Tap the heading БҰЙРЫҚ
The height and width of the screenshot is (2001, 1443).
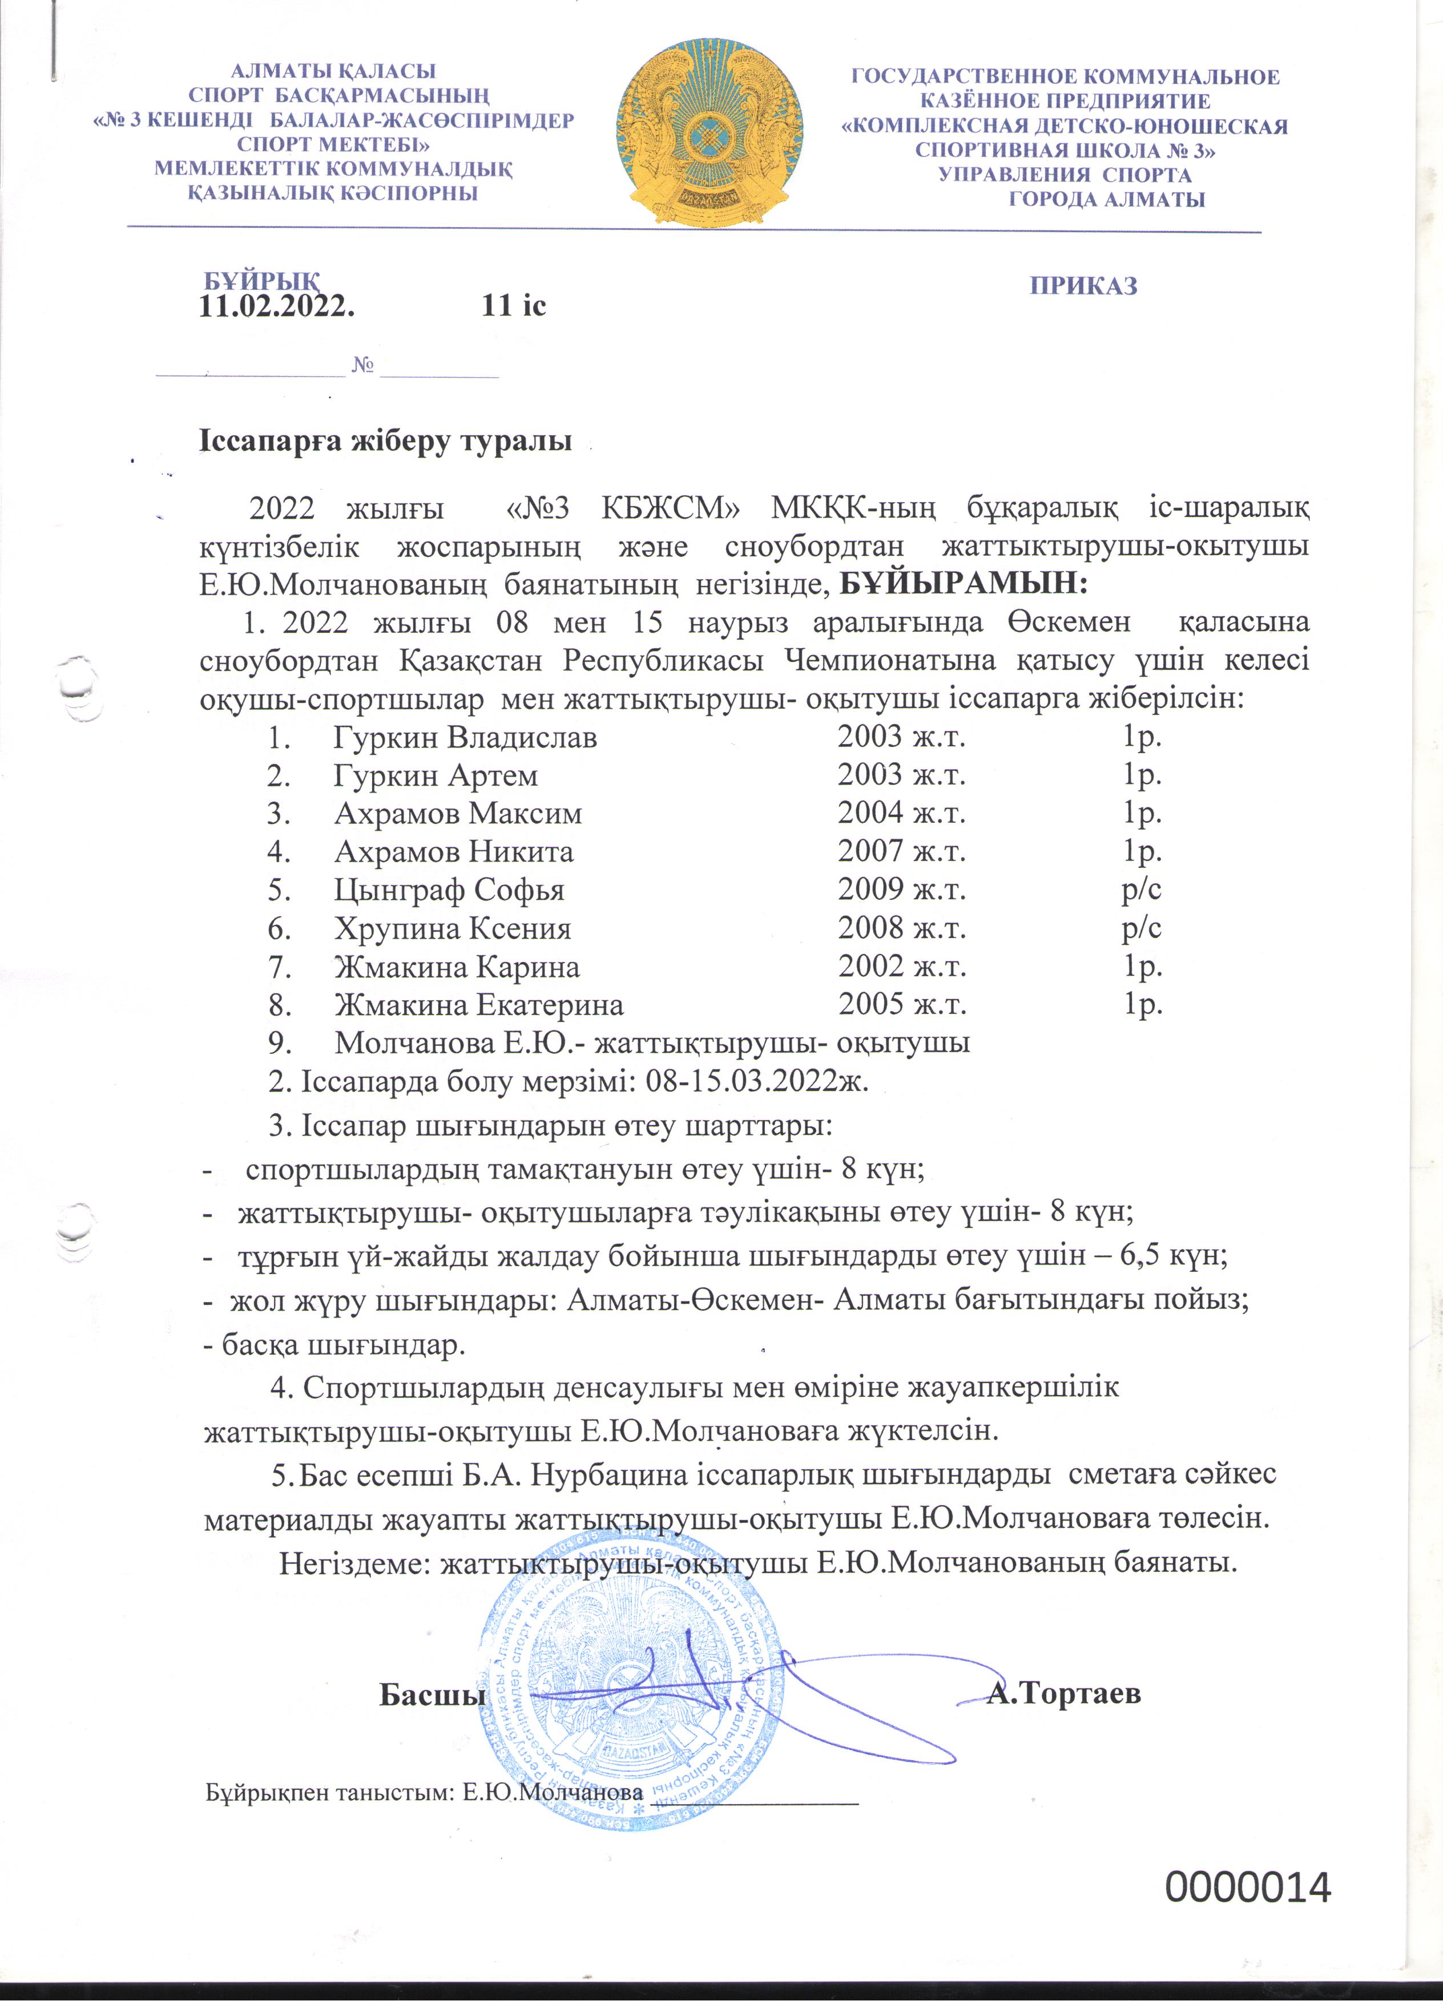[x=261, y=281]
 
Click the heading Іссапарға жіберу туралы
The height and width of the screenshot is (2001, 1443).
[x=385, y=440]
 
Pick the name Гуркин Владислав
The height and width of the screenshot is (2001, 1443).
[x=465, y=737]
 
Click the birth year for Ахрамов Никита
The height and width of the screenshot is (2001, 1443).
[x=901, y=851]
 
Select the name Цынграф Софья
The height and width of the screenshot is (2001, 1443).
[x=449, y=890]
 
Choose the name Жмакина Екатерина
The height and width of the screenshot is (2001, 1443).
[x=478, y=1004]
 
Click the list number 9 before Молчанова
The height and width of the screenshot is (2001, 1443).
[x=280, y=1043]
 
